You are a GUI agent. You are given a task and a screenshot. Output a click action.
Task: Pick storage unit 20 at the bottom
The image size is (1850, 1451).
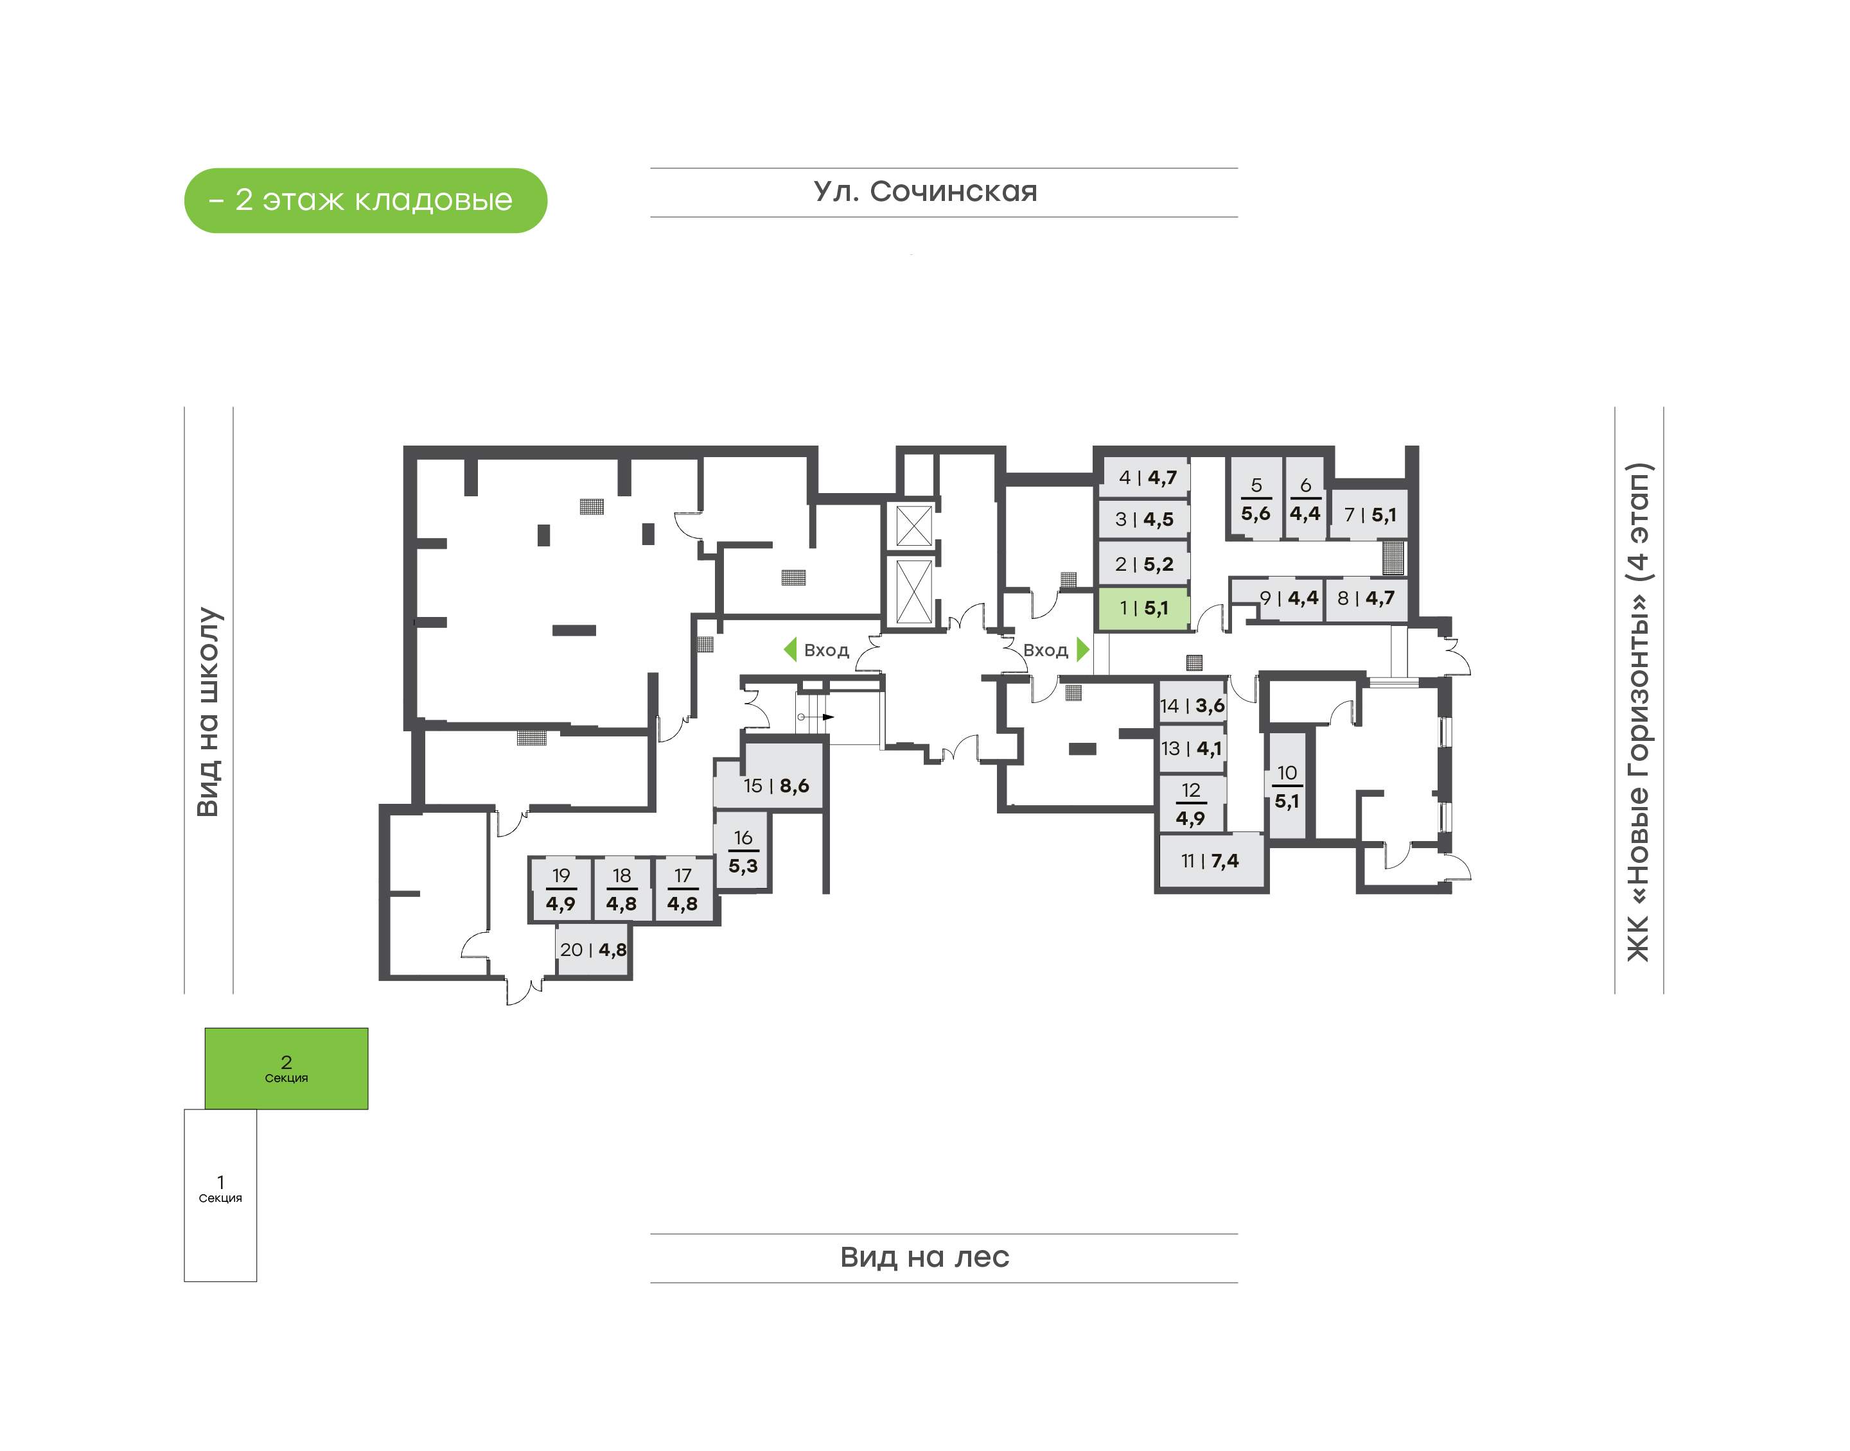[592, 950]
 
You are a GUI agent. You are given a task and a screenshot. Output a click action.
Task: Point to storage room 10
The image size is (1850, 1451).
[1287, 786]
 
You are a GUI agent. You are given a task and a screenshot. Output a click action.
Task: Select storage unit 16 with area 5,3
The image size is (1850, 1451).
[743, 851]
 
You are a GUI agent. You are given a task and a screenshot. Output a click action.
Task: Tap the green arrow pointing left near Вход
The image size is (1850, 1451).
[790, 649]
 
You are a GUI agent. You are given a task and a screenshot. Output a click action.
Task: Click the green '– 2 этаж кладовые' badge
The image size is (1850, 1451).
[366, 200]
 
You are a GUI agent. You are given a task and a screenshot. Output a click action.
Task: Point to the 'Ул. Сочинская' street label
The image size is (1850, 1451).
[926, 192]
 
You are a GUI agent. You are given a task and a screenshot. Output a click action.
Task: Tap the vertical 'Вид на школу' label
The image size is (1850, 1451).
[208, 712]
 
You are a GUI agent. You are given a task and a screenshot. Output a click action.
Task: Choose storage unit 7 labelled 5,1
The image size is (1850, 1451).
[1368, 514]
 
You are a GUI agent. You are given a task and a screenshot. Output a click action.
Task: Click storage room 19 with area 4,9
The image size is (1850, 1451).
[561, 889]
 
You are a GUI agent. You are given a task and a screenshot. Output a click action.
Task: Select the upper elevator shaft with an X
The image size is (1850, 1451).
[913, 526]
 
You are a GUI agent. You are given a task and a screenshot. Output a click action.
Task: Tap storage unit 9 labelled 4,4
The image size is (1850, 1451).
[1289, 599]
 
